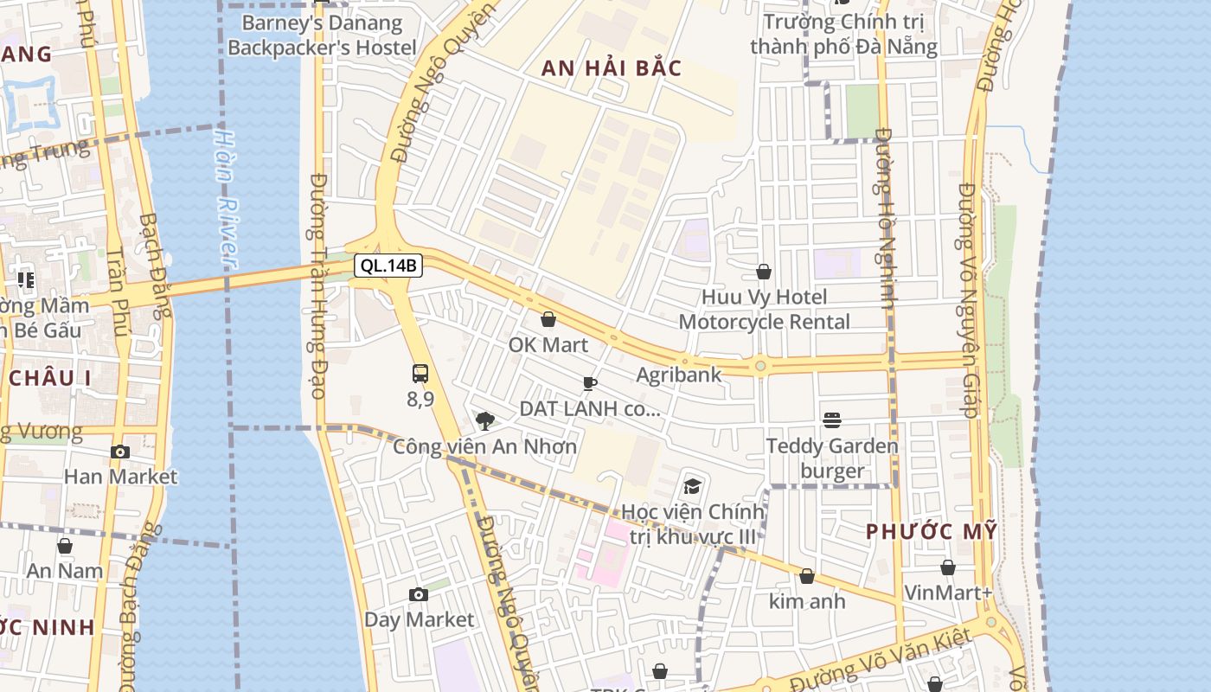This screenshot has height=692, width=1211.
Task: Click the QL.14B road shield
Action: click(x=388, y=266)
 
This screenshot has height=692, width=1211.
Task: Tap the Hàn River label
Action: click(x=226, y=198)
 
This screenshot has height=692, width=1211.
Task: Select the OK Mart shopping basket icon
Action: click(x=548, y=320)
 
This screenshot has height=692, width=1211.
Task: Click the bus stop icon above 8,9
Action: click(x=420, y=374)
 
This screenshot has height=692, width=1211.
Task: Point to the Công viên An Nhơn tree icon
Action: click(x=485, y=421)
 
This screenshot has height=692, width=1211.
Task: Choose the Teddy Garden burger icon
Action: click(x=832, y=420)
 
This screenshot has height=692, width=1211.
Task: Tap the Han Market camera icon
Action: click(x=120, y=452)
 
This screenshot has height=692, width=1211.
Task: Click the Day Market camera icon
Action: click(x=419, y=594)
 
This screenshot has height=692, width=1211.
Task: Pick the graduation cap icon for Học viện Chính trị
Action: click(x=692, y=486)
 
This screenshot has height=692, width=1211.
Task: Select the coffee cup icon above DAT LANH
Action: click(x=590, y=383)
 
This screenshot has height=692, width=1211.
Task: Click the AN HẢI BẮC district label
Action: click(x=612, y=68)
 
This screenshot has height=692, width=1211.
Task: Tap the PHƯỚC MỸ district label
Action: click(x=932, y=531)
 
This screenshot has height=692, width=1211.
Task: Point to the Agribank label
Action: click(x=679, y=375)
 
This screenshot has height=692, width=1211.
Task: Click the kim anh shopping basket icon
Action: click(x=807, y=576)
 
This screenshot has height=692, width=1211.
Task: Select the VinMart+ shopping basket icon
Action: click(x=948, y=567)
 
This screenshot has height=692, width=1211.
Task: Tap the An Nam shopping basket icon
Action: click(x=65, y=546)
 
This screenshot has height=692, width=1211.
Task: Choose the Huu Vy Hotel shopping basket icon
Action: click(x=764, y=272)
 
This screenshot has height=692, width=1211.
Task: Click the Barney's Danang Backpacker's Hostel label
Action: click(x=322, y=35)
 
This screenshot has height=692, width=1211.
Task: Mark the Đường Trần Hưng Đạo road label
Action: click(x=317, y=285)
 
